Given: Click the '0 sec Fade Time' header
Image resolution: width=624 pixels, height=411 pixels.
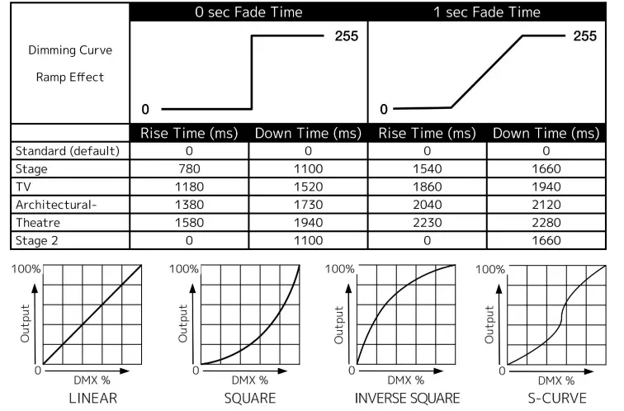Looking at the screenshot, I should [x=248, y=12].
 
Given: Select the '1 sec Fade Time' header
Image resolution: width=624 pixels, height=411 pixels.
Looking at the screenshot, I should [x=487, y=12].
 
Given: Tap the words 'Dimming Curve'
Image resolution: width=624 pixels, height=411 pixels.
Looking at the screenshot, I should [x=70, y=50].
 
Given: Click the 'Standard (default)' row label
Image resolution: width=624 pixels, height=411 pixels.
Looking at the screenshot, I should [x=68, y=151].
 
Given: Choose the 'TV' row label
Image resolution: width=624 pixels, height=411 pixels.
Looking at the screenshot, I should [x=24, y=187].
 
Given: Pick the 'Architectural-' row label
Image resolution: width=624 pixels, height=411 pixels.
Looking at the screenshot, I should [x=54, y=205].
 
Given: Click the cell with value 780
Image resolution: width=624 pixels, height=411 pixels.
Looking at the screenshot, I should [x=189, y=169].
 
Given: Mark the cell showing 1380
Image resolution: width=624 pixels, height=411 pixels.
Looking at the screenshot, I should [x=189, y=205].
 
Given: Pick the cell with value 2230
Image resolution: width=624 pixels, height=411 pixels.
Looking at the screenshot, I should [x=427, y=224].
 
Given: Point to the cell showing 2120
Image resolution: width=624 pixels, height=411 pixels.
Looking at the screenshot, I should [x=546, y=205].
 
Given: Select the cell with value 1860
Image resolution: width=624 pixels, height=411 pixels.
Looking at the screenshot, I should [x=427, y=187].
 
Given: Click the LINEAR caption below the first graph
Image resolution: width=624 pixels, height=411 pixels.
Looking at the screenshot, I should [x=82, y=399].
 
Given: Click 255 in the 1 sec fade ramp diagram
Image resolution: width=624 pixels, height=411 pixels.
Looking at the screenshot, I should [x=584, y=36].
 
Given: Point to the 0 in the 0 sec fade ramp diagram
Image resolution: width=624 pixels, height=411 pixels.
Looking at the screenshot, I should [x=145, y=109].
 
